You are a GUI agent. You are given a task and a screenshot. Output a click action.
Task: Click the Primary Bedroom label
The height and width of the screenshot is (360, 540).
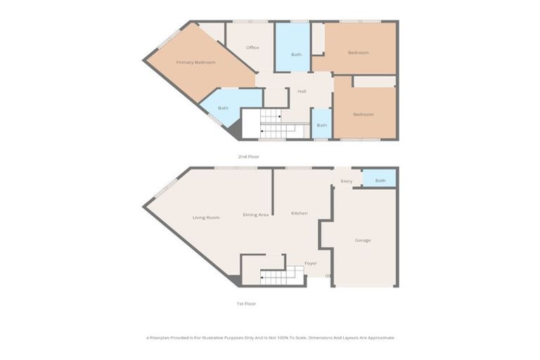195,63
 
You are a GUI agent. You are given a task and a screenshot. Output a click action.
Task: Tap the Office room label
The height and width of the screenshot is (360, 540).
252,48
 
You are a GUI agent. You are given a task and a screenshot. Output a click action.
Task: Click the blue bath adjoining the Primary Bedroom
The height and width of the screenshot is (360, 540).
223,108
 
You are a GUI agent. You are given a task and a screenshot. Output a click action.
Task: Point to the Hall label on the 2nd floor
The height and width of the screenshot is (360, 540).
302,91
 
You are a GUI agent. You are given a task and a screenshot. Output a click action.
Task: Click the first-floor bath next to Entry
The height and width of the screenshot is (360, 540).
380,181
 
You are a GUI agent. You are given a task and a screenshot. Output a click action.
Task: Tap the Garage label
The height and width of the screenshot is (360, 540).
363,240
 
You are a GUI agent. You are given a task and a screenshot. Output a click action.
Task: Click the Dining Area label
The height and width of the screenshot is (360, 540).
255,214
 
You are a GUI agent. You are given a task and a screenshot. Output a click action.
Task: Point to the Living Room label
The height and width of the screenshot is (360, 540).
206,217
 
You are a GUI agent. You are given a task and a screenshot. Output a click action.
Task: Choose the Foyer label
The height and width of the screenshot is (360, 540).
310,263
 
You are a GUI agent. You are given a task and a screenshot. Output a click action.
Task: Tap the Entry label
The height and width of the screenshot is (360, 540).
346,181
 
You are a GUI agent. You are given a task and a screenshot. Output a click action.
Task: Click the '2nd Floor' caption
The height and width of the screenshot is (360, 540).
249,156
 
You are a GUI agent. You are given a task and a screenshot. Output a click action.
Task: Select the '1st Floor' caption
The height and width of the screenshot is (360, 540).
246,303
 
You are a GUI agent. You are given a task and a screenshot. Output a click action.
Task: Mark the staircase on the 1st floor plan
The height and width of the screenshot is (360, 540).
281,276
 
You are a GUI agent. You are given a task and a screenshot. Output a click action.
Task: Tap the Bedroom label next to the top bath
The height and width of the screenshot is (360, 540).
358,53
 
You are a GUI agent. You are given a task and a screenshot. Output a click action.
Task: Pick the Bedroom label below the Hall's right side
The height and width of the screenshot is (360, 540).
363,114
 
